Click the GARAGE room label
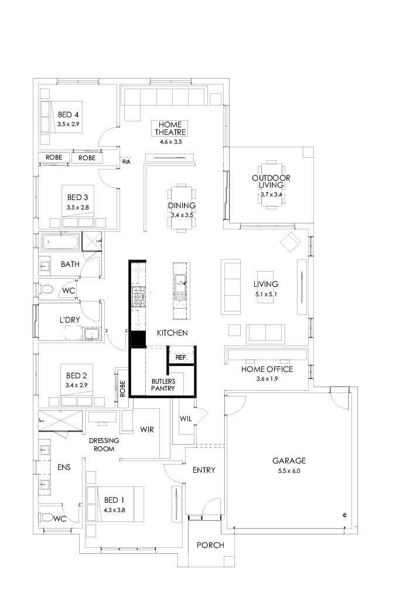tap(289, 461)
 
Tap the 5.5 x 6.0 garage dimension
tap(289, 471)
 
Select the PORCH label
tap(210, 545)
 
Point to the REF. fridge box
tap(181, 357)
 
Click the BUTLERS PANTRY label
tap(163, 384)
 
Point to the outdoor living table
tap(271, 182)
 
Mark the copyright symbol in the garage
tap(345, 515)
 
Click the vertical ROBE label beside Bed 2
tap(122, 388)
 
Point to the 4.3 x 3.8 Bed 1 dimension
tap(114, 510)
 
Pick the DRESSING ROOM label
tap(104, 445)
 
